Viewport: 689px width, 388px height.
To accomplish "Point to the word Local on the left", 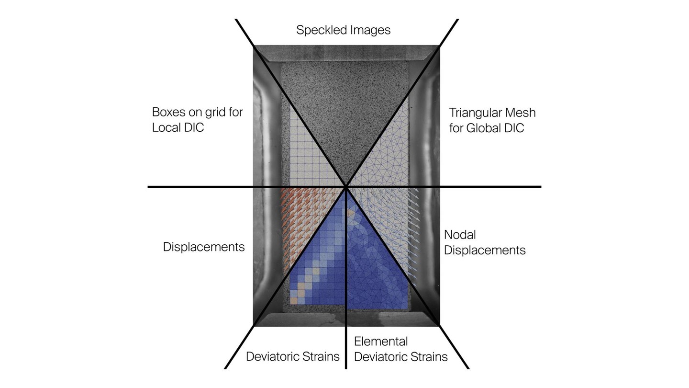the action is (x=165, y=127).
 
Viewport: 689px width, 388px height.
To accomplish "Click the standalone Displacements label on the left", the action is (x=204, y=247).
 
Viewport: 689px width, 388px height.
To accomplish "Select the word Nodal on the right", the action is (x=460, y=235).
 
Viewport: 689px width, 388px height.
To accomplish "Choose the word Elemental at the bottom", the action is (x=381, y=342).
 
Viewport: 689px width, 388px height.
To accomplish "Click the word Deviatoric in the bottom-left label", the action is (x=272, y=356).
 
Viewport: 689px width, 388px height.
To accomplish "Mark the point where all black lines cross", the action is (x=346, y=187).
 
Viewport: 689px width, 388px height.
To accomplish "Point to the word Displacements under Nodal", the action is (x=485, y=251).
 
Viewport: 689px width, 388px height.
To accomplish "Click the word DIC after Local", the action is (x=193, y=127).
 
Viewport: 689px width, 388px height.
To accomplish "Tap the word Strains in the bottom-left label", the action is (x=321, y=356).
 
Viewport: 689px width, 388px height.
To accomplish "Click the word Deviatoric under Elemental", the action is (x=380, y=357).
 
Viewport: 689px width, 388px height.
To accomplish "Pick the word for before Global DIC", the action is (x=456, y=128).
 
